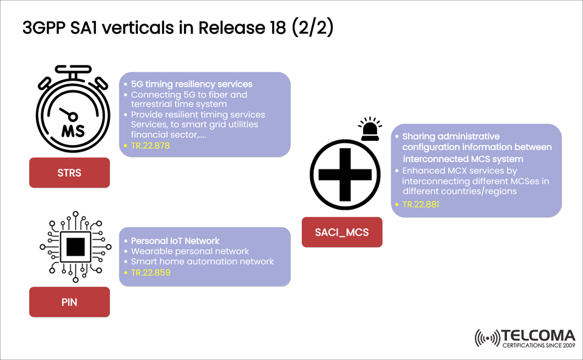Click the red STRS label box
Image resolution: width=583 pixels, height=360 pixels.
click(x=69, y=172)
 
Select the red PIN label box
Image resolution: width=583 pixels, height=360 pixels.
click(x=69, y=302)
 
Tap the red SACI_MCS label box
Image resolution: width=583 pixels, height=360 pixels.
click(x=342, y=232)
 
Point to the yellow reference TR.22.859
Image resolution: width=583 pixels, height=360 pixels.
click(x=151, y=273)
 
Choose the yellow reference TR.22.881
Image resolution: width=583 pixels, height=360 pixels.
click(x=420, y=205)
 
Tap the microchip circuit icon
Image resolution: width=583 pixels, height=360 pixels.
click(x=75, y=246)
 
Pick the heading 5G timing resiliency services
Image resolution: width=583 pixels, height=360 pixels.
click(x=191, y=84)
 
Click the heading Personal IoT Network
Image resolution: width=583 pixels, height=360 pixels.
click(x=175, y=240)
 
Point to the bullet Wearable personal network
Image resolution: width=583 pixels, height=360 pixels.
click(x=190, y=251)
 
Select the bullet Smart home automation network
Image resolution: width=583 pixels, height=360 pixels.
click(x=202, y=262)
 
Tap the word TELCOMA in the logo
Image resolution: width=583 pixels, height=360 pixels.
click(x=538, y=335)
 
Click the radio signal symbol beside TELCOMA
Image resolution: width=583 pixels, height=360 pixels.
click(x=487, y=339)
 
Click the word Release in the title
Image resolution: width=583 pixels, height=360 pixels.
click(x=233, y=29)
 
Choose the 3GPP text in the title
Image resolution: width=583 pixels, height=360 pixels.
click(x=46, y=29)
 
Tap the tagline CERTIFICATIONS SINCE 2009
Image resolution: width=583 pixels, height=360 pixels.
click(x=538, y=346)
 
